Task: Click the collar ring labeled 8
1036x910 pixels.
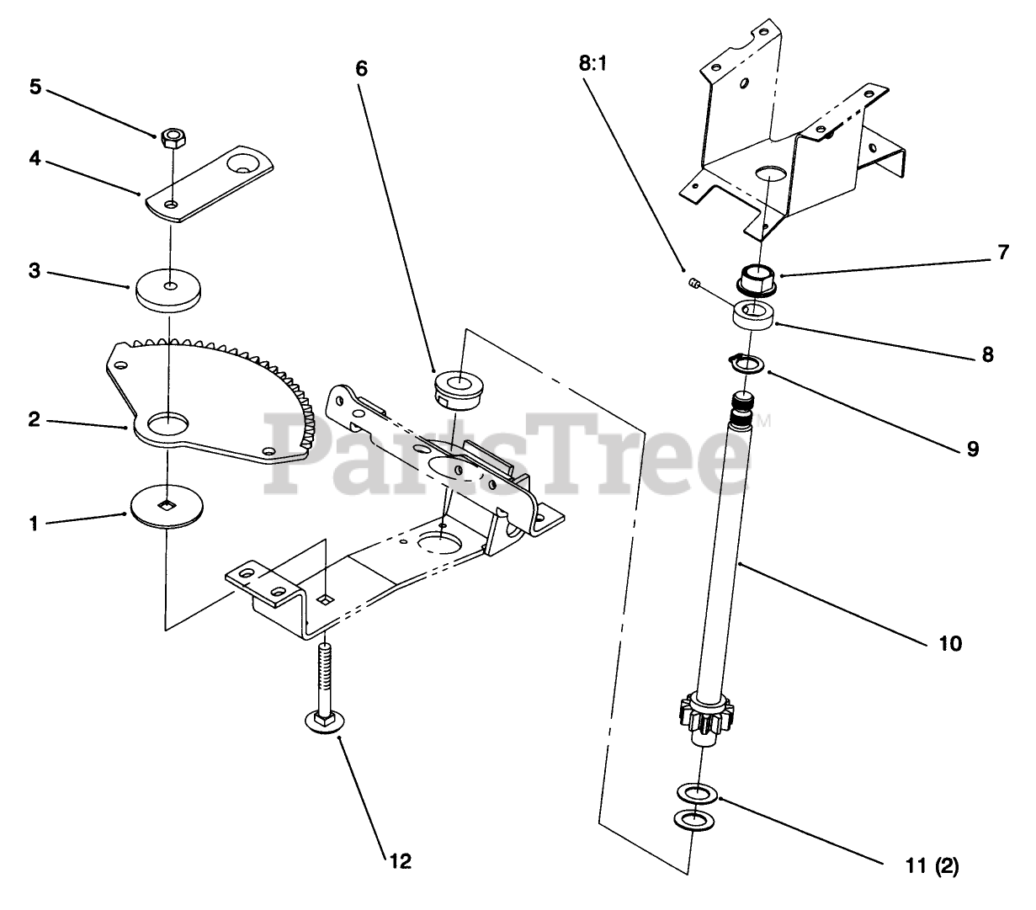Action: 753,317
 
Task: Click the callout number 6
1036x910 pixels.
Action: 362,68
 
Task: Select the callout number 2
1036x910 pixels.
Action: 34,418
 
